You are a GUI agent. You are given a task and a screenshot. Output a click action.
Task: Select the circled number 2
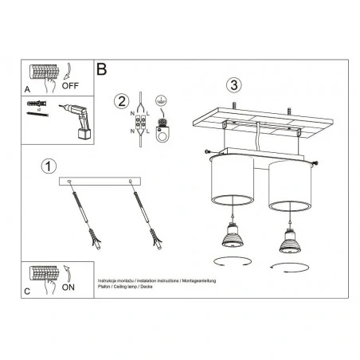pos(121,100)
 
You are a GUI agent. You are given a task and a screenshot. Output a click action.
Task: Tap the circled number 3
pos(233,84)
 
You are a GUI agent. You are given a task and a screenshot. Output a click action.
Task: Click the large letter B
pos(101,69)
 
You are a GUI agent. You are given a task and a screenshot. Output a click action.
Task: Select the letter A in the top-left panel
pos(28,91)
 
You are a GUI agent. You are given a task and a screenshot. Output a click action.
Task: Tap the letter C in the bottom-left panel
pos(28,292)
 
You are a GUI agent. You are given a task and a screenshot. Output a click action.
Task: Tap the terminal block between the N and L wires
pos(141,123)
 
